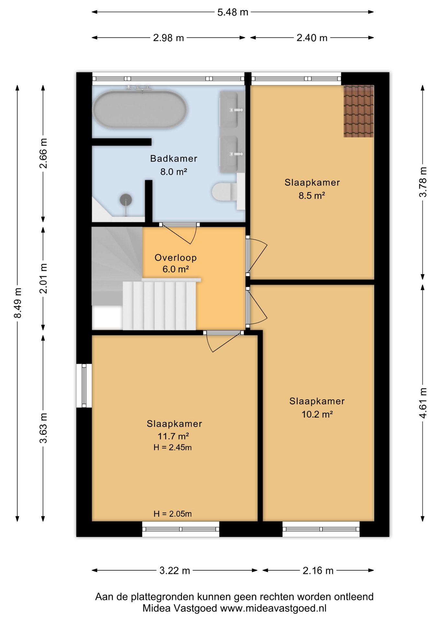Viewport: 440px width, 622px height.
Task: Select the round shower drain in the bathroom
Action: pos(126,200)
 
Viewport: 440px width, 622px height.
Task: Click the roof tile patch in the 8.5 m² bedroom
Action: pos(359,111)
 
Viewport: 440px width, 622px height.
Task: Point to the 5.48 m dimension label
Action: pos(233,12)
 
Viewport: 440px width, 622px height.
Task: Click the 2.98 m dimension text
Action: pos(168,38)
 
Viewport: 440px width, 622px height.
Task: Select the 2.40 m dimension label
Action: pos(312,38)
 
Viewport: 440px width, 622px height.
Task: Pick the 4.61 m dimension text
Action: pos(423,403)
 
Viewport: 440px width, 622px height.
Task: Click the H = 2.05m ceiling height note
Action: pos(173,514)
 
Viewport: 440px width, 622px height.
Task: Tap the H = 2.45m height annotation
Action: pos(173,447)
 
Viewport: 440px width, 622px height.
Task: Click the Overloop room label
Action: pos(176,258)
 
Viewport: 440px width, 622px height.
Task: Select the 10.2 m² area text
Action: pos(318,414)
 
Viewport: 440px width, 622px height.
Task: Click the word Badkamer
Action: pos(174,158)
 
